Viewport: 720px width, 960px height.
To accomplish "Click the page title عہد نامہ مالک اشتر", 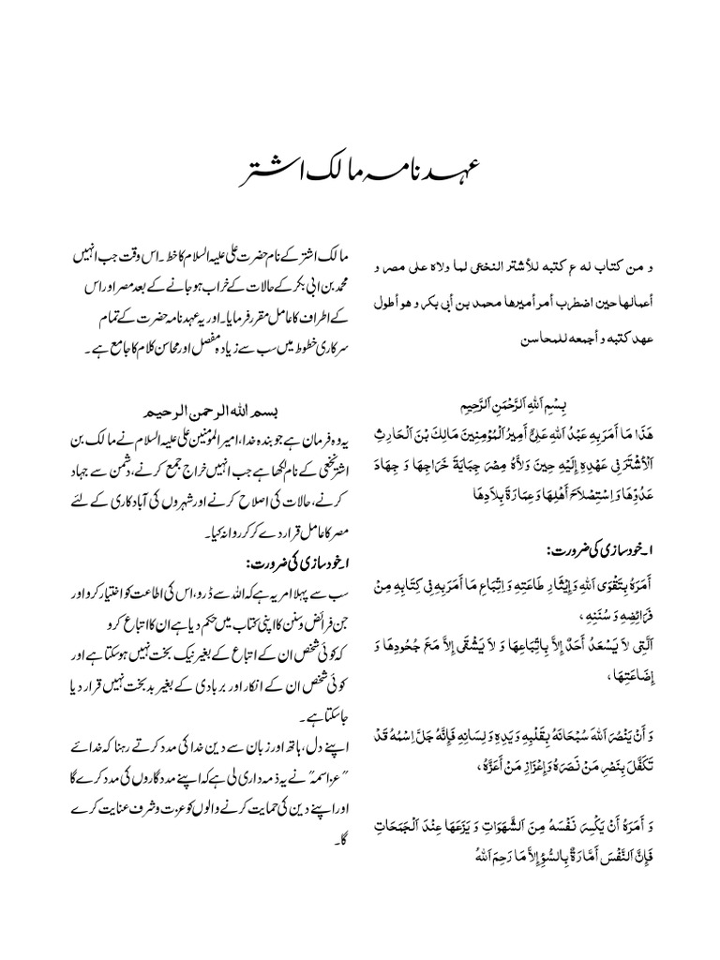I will point(359,175).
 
